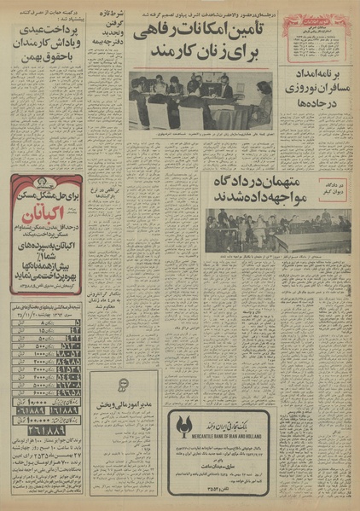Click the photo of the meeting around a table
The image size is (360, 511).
click(x=200, y=100)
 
